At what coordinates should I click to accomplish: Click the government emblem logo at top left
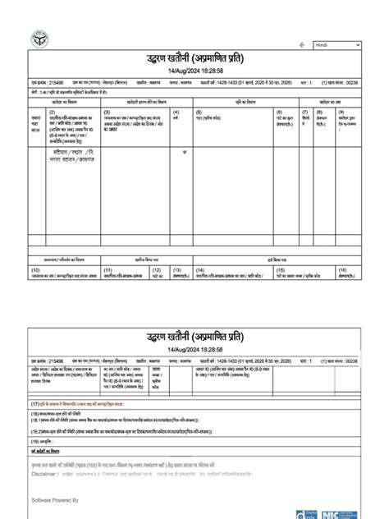(37, 38)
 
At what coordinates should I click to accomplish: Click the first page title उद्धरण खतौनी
(195, 60)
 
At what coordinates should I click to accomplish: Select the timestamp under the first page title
(195, 72)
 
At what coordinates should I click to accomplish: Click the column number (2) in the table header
(52, 112)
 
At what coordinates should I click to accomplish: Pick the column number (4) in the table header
(176, 112)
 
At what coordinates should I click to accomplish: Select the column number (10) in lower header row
(35, 269)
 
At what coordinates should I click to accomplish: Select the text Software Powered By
(54, 498)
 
